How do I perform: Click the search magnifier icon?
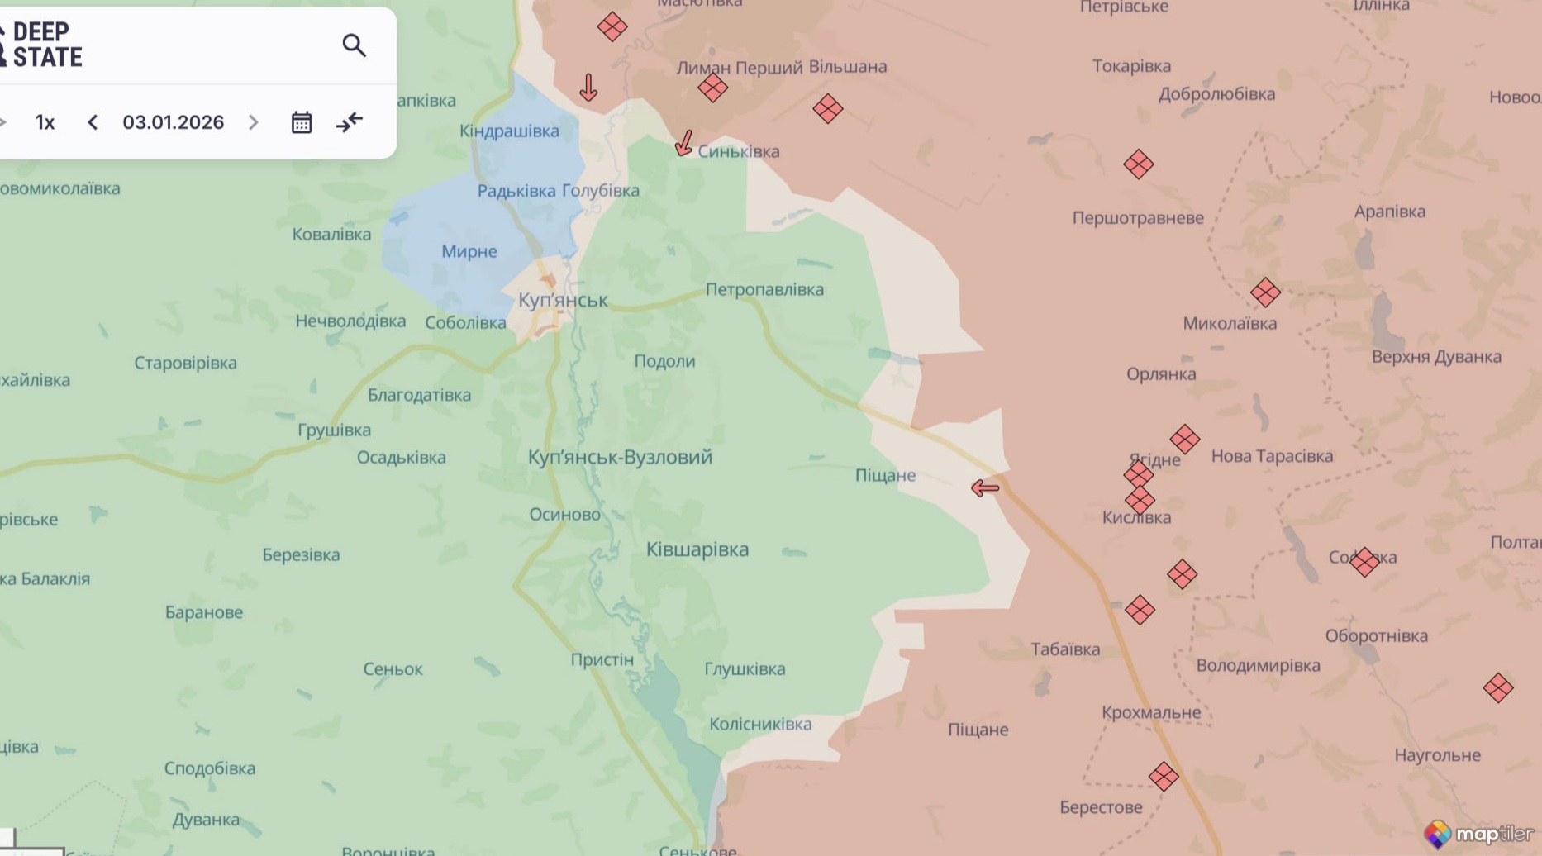(x=354, y=45)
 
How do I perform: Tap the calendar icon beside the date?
(x=302, y=122)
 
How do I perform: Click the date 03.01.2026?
(x=173, y=122)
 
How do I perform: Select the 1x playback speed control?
(x=45, y=122)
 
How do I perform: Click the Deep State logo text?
(x=46, y=45)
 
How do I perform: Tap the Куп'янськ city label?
(x=563, y=300)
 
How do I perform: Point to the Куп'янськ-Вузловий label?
(x=620, y=457)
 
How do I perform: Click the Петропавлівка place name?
(x=764, y=289)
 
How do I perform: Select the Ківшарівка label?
(x=697, y=549)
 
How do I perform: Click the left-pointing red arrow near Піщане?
(x=985, y=488)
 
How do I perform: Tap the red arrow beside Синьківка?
(x=683, y=143)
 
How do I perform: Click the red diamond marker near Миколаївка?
(x=1265, y=292)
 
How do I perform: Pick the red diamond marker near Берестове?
(x=1164, y=777)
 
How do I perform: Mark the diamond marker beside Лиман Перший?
(x=712, y=88)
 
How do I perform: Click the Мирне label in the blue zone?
(x=469, y=251)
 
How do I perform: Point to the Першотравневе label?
(x=1138, y=218)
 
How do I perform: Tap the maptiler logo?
(x=1479, y=834)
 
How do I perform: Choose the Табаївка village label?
(x=1065, y=649)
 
